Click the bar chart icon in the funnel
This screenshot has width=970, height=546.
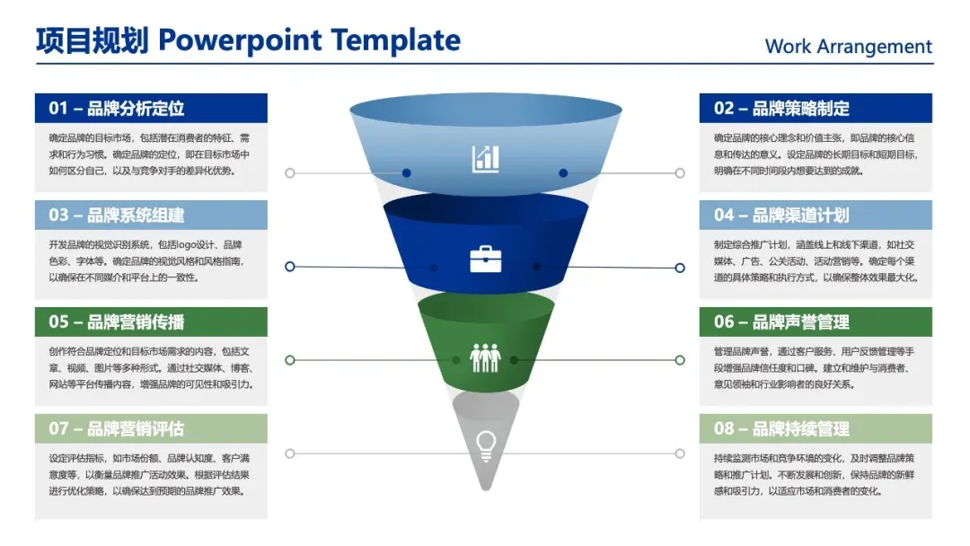pos(485,159)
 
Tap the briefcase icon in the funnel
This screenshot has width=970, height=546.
pos(485,259)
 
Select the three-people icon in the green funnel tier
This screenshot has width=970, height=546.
pos(485,357)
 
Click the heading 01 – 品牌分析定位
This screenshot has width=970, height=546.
pos(117,109)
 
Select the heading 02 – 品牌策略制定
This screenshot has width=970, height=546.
pos(781,109)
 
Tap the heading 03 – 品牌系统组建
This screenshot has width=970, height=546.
pos(117,216)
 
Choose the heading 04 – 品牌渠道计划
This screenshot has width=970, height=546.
pos(781,216)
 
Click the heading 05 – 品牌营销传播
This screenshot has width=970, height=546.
pos(117,322)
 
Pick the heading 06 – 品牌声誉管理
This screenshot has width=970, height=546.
pos(781,322)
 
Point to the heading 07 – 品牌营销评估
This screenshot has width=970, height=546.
pos(117,429)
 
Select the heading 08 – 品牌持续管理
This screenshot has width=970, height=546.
pos(781,429)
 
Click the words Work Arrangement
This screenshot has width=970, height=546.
pos(848,47)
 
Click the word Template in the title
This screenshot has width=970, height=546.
pos(395,40)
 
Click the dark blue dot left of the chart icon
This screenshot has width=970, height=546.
pos(407,172)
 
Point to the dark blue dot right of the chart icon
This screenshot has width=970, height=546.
pos(563,172)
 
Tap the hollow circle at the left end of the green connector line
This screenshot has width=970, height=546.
pos(290,360)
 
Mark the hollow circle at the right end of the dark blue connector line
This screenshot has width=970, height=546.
pos(680,267)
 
